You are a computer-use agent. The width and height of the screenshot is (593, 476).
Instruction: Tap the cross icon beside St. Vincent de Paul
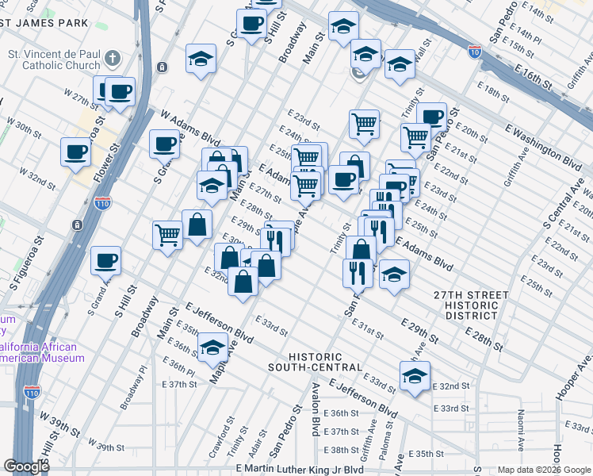(113, 58)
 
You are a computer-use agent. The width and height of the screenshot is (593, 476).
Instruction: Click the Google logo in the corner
(27, 466)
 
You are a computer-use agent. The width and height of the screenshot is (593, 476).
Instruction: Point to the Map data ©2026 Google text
(543, 470)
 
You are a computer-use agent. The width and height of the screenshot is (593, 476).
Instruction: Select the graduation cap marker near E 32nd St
(414, 378)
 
